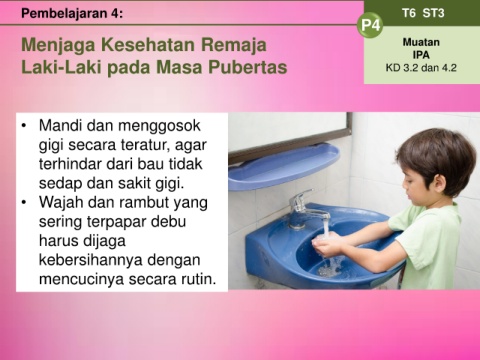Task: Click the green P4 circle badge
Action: [x=370, y=25]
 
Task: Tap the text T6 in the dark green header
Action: [x=409, y=13]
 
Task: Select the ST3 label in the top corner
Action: [x=433, y=13]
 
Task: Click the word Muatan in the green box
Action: [x=421, y=42]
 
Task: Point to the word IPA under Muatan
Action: [x=421, y=55]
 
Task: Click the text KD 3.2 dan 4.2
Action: [x=421, y=68]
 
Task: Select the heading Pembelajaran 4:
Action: [x=72, y=13]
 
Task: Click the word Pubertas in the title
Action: [x=248, y=67]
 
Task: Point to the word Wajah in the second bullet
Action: [x=60, y=202]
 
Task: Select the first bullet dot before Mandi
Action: [x=23, y=126]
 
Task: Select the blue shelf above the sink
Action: [x=283, y=167]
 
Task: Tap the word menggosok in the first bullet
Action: [x=159, y=126]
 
